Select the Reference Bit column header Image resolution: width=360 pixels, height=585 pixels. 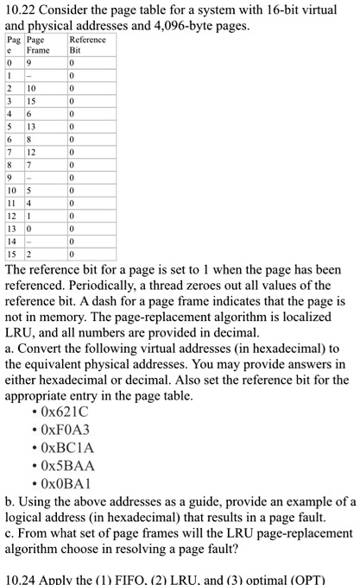(88, 45)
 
